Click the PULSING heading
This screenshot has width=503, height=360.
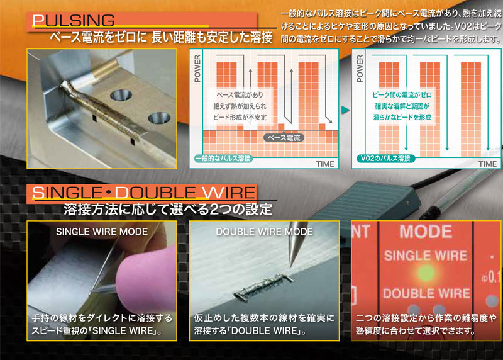click(76, 21)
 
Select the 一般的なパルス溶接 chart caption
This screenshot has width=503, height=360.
click(224, 159)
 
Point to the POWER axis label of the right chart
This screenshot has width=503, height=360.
click(360, 69)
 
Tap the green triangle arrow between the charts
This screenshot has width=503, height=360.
click(345, 110)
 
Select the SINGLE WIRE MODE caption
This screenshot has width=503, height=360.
click(102, 232)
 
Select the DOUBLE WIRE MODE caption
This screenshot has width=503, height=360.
click(264, 232)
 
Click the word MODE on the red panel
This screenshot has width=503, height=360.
click(425, 231)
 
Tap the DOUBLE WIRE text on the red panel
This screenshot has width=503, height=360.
click(426, 293)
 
